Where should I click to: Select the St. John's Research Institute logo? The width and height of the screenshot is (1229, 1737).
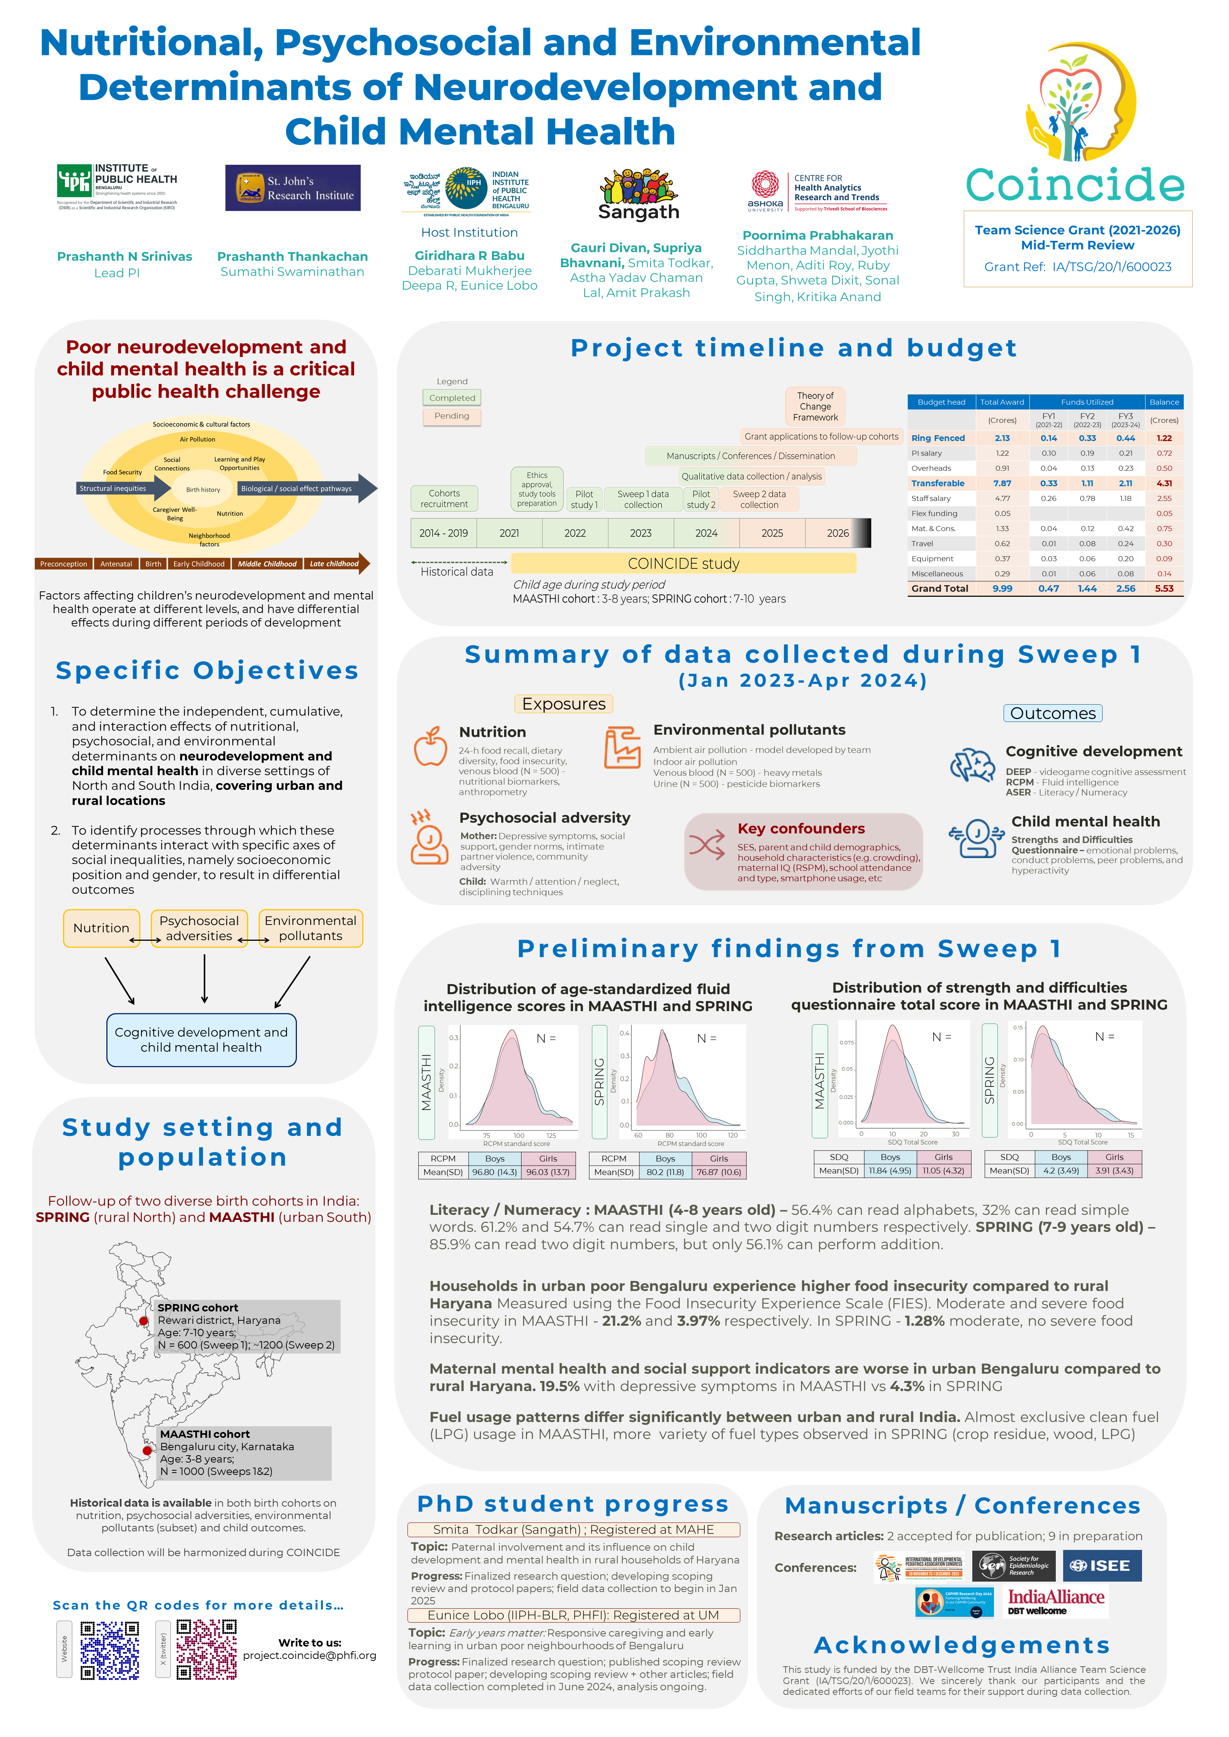click(293, 187)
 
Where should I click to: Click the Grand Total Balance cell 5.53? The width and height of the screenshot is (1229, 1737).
click(1164, 589)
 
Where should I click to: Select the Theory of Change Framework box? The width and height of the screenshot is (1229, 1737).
click(815, 406)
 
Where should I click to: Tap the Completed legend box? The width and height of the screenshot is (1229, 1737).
click(452, 398)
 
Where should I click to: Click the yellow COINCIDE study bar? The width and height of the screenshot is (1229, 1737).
click(684, 564)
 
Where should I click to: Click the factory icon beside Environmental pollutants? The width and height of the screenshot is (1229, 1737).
click(622, 748)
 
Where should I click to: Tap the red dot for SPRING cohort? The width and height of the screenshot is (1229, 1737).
click(144, 1321)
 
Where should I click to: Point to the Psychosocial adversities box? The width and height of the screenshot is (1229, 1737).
click(199, 928)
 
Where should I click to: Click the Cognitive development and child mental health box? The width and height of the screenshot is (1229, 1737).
click(201, 1039)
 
